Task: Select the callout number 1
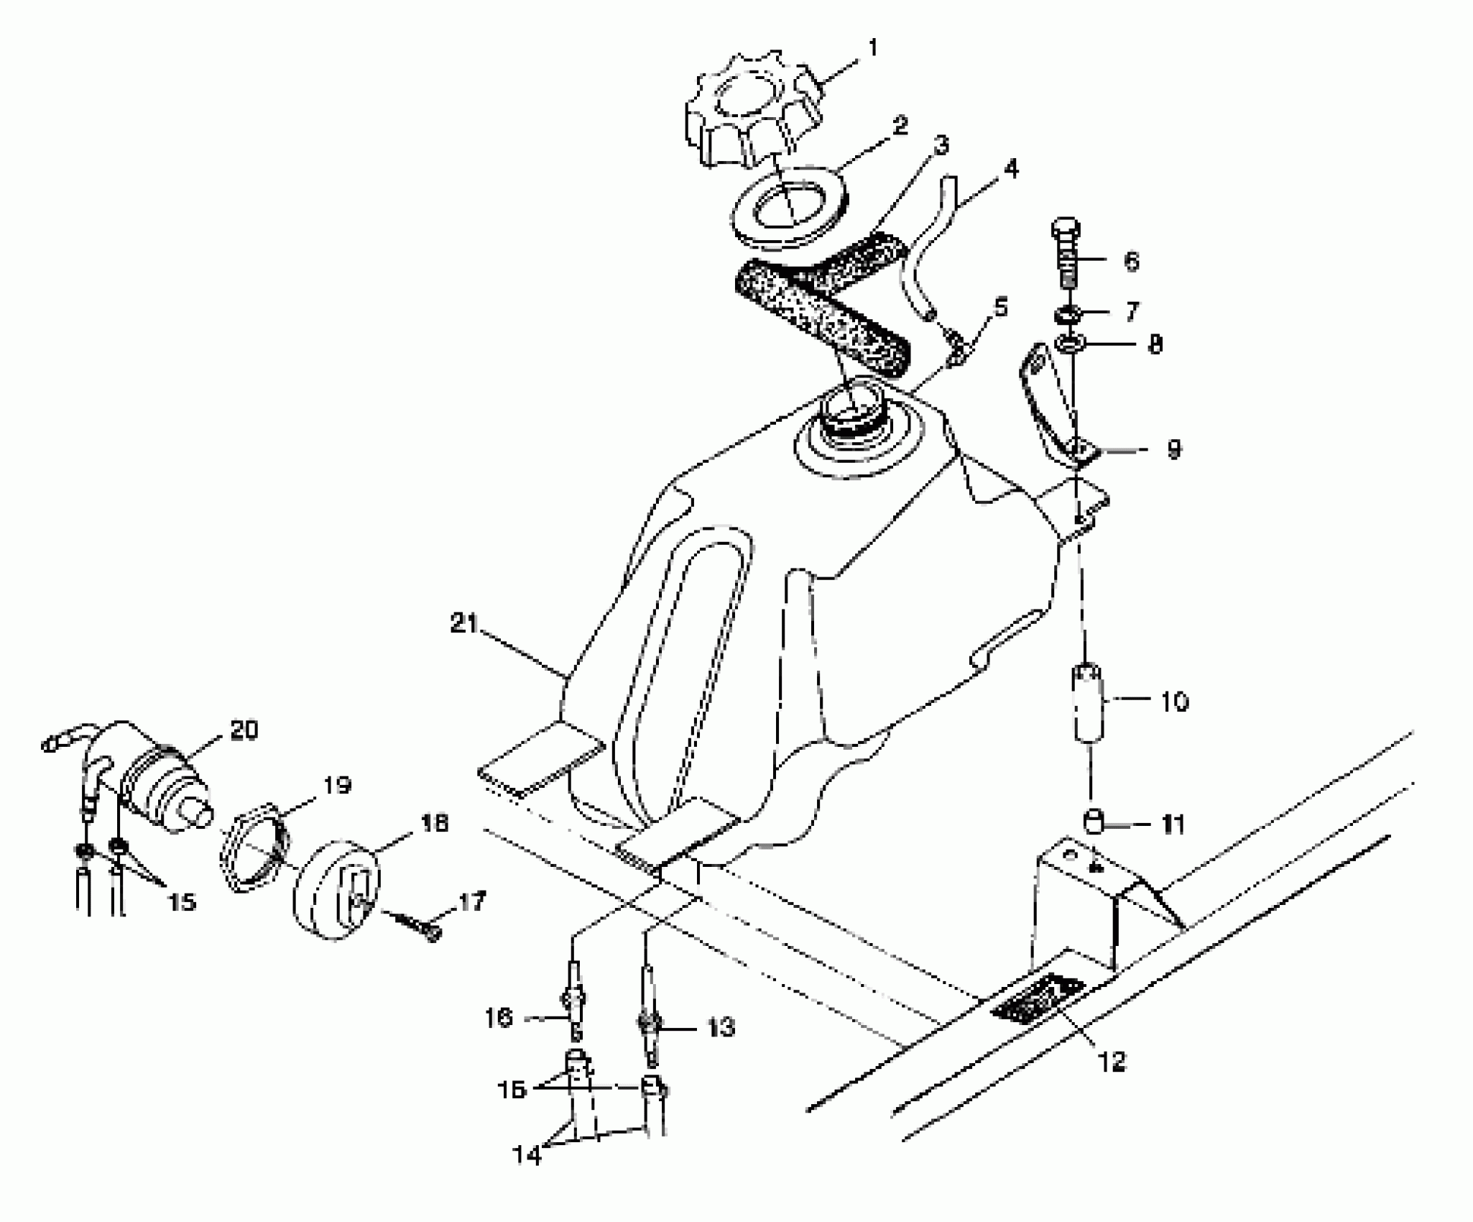click(x=873, y=49)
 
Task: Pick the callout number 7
click(x=1132, y=312)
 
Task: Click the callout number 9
click(x=1173, y=451)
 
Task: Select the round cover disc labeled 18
click(x=336, y=890)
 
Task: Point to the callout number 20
click(x=244, y=730)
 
